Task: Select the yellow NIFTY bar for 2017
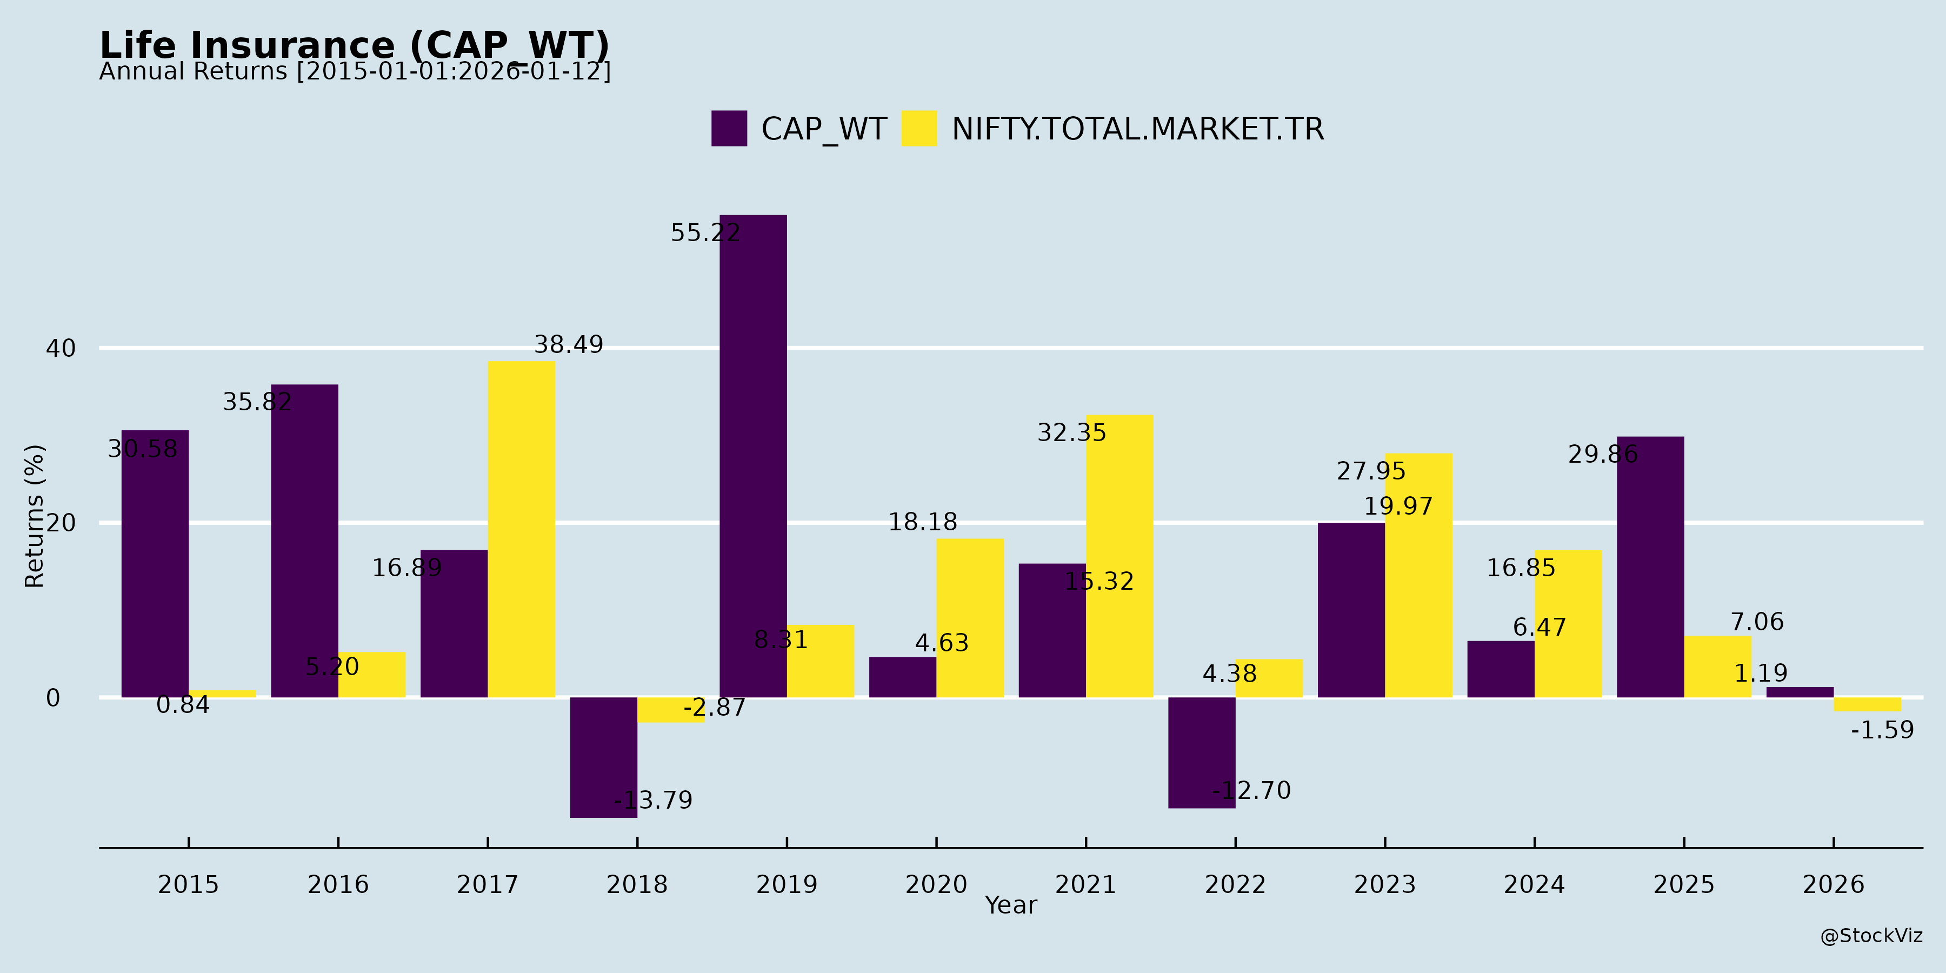tap(521, 529)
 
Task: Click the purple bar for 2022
tap(1201, 752)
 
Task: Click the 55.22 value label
tap(705, 232)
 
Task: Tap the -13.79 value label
tap(652, 800)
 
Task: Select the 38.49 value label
tap(568, 344)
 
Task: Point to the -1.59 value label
tap(1882, 730)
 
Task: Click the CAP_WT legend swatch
tap(729, 129)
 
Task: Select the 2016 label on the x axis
tap(338, 884)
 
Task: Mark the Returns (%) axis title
tap(35, 516)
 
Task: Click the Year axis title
tap(1011, 905)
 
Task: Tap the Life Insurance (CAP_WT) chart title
tap(354, 45)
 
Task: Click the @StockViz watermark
tap(1870, 936)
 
